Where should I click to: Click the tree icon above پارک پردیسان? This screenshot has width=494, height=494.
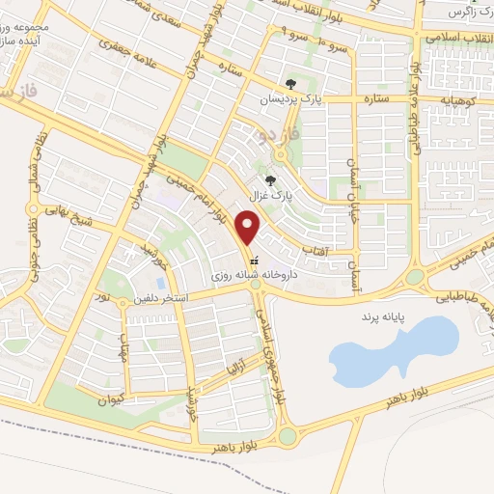pos(291,84)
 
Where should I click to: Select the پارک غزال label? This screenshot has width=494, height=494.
pos(271,194)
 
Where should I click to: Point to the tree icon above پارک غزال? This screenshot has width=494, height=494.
pos(271,179)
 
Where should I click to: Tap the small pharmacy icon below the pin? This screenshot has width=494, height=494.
pos(254,261)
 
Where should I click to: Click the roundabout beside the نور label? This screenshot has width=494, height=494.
pos(123,302)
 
